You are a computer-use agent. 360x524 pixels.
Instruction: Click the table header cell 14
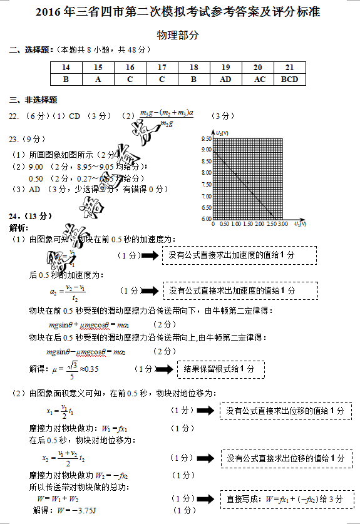66,68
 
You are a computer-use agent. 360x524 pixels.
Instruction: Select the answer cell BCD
289,79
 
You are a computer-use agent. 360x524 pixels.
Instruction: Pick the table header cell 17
162,68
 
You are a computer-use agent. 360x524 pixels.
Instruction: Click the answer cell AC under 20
257,79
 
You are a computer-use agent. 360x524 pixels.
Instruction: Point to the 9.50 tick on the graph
206,138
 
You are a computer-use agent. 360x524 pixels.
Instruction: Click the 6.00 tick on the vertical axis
206,219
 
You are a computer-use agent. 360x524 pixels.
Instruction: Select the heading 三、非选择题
33,99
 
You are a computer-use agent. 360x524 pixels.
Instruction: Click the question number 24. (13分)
31,216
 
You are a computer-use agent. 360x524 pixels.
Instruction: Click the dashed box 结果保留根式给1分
220,369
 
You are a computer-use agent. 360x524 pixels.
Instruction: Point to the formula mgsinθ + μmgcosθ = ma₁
88,324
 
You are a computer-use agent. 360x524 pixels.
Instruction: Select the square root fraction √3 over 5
73,369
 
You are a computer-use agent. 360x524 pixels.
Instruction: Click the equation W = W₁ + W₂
58,498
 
